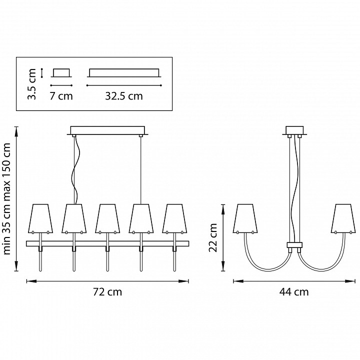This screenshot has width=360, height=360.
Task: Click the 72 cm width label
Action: point(107,292)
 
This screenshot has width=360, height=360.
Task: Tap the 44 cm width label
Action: point(294,292)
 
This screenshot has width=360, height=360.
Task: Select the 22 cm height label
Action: point(213,237)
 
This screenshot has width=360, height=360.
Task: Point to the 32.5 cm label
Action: point(124,96)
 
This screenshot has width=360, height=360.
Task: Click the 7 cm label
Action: point(61,96)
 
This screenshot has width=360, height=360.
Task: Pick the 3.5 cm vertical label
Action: point(31,84)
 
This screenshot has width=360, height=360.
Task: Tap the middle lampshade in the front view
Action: point(107,218)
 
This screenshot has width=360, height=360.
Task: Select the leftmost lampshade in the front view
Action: point(40,218)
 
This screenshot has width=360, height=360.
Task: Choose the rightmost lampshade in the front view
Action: point(174,218)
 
